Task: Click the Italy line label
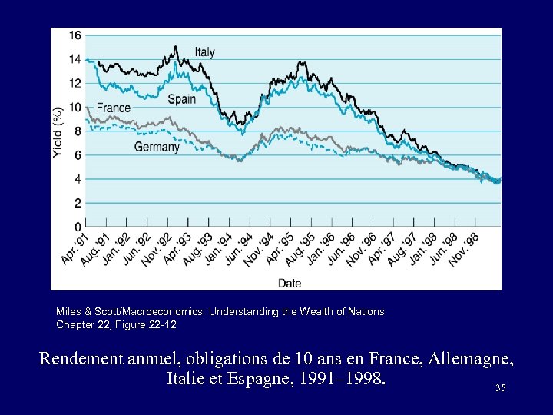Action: (x=204, y=52)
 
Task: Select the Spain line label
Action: (x=182, y=99)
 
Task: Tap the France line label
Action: (x=114, y=108)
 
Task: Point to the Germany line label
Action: (x=157, y=147)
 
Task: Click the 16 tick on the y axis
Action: (x=75, y=35)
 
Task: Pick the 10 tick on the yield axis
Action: (x=75, y=107)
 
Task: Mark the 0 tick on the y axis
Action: (x=78, y=227)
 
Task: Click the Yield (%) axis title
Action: (x=58, y=132)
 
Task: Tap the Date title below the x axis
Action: (x=290, y=283)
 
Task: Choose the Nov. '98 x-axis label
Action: (x=463, y=251)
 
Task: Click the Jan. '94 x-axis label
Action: (x=217, y=251)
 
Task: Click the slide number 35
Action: (x=501, y=388)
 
